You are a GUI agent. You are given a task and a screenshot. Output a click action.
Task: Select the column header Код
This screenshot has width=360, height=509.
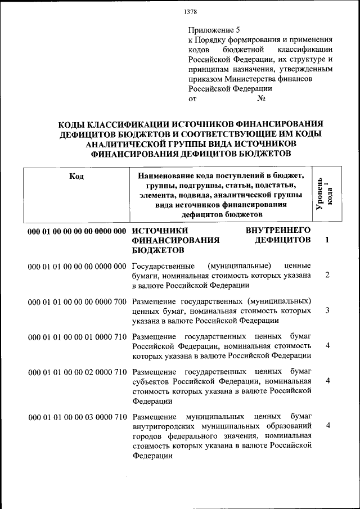pyautogui.click(x=76, y=176)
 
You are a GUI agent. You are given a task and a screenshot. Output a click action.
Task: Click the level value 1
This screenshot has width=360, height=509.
pyautogui.click(x=327, y=240)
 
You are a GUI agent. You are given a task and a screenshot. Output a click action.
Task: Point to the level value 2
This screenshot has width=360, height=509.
pyautogui.click(x=327, y=275)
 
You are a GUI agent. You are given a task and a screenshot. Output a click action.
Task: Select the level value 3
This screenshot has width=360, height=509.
pyautogui.click(x=327, y=310)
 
